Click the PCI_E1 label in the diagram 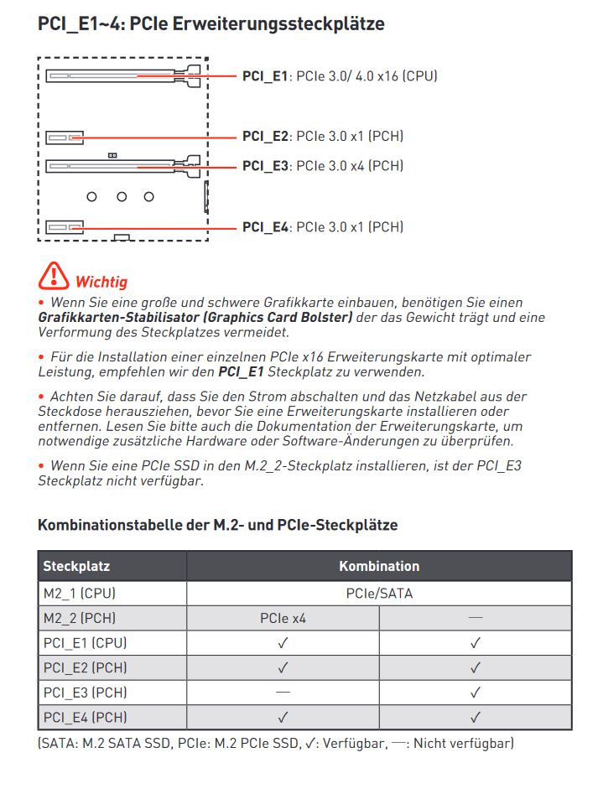(x=264, y=76)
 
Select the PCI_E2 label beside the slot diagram (x=264, y=136)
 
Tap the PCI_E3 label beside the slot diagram (x=264, y=166)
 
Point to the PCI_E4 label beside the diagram (x=264, y=226)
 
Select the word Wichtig (x=101, y=282)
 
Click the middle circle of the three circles (x=122, y=197)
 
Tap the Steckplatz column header (x=76, y=566)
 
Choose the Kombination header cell (x=379, y=566)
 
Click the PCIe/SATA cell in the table (x=379, y=593)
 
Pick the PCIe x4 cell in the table (x=283, y=618)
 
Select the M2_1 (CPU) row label (x=79, y=593)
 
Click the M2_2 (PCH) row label (x=79, y=618)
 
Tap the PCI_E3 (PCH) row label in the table (x=85, y=693)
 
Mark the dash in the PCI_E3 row (x=283, y=693)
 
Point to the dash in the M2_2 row (x=476, y=618)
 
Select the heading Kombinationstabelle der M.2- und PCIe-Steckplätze (x=217, y=525)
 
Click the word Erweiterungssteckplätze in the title (x=278, y=23)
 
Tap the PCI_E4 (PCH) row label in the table (x=85, y=718)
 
